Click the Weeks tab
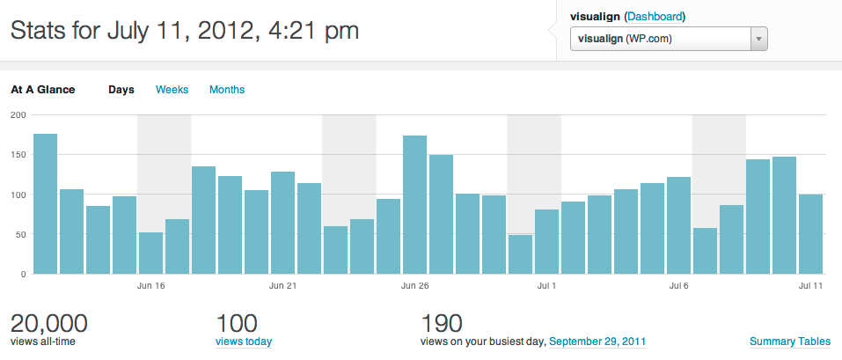172,90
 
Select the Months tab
227,90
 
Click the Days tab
121,90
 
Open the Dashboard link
654,17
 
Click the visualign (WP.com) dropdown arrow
758,40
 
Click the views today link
244,342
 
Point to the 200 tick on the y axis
16,114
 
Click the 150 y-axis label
16,155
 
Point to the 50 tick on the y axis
18,234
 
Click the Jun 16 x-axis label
151,286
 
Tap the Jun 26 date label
414,286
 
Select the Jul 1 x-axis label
547,286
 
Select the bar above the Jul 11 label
810,234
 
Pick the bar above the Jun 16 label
151,253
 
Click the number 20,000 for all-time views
48,323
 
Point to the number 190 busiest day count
443,323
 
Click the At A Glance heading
43,90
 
